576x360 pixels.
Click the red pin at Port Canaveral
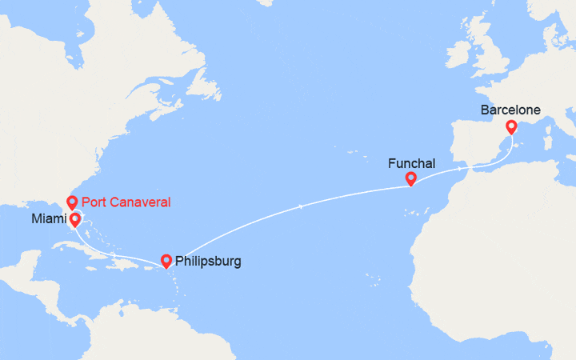click(x=72, y=202)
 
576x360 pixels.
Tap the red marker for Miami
click(x=74, y=218)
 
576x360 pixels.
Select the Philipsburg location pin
click(x=166, y=260)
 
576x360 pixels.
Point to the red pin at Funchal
click(x=410, y=178)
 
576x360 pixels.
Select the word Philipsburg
click(x=207, y=261)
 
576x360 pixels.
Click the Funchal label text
click(x=411, y=163)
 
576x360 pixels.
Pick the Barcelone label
click(x=510, y=110)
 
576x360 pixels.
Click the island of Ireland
click(x=463, y=61)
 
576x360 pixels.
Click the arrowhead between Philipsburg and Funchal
click(x=299, y=207)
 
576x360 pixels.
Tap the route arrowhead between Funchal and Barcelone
click(x=459, y=170)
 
